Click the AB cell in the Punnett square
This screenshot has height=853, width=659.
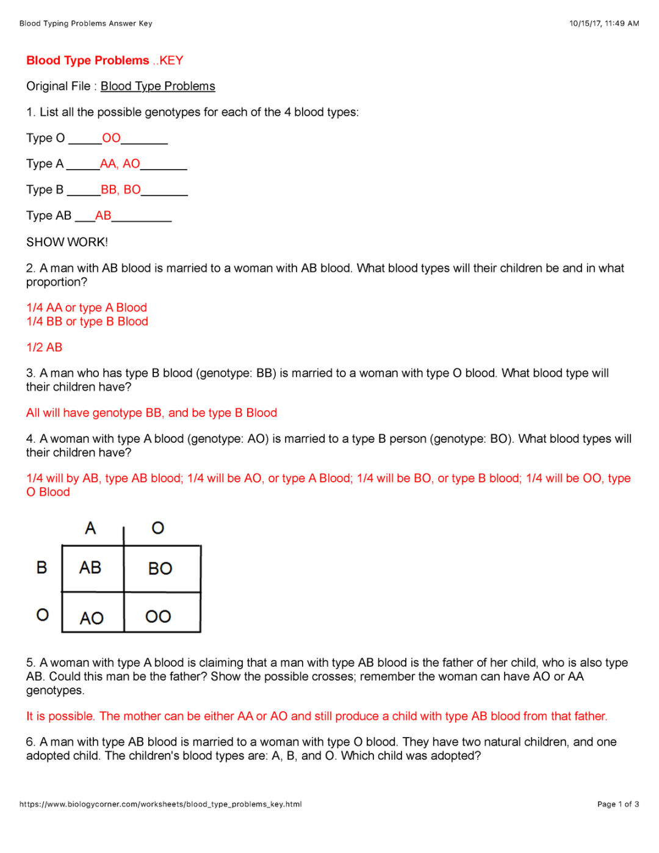[x=90, y=568]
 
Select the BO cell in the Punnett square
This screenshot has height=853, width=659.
[x=160, y=568]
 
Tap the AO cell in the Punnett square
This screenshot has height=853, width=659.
[x=92, y=618]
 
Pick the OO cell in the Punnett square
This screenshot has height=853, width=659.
[x=158, y=617]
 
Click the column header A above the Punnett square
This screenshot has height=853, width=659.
[x=90, y=528]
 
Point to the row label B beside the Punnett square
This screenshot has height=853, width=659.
[x=41, y=568]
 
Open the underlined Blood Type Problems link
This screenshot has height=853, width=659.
[x=157, y=86]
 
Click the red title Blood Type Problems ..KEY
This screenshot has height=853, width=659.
[x=104, y=60]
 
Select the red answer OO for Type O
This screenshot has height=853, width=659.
[x=111, y=138]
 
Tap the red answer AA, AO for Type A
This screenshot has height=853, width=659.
[x=120, y=164]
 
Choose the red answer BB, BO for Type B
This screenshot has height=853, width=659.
[x=120, y=190]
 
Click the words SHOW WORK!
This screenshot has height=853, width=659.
[x=67, y=242]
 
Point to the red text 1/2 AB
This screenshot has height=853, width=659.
[x=44, y=347]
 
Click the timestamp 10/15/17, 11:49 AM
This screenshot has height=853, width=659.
[x=604, y=23]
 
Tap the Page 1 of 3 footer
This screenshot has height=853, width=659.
[x=618, y=804]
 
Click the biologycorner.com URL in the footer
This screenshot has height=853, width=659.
[x=160, y=804]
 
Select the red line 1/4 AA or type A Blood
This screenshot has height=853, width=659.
[x=87, y=308]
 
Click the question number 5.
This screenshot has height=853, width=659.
[x=30, y=662]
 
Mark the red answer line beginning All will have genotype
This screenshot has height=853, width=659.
[x=151, y=413]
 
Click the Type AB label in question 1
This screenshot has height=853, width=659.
[x=49, y=216]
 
